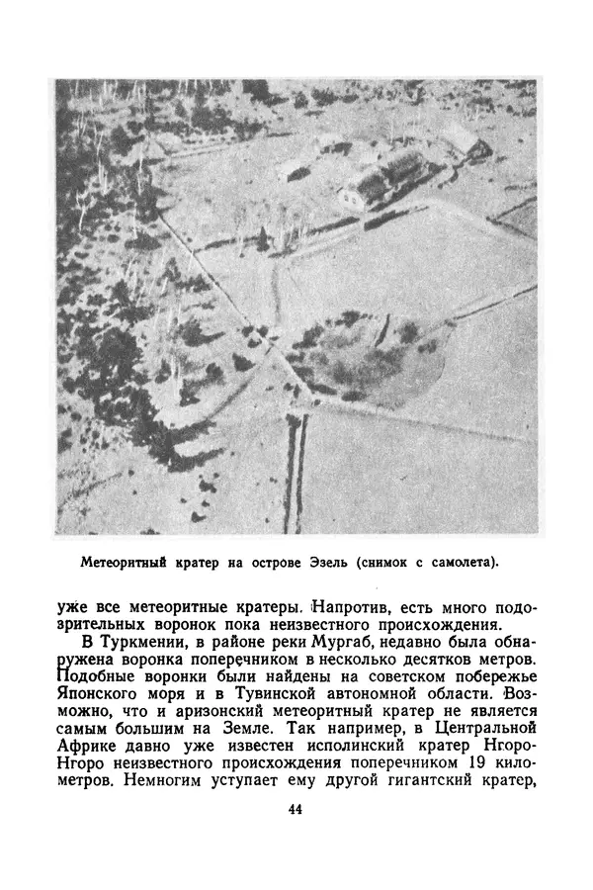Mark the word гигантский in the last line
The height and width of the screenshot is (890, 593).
(407, 780)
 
